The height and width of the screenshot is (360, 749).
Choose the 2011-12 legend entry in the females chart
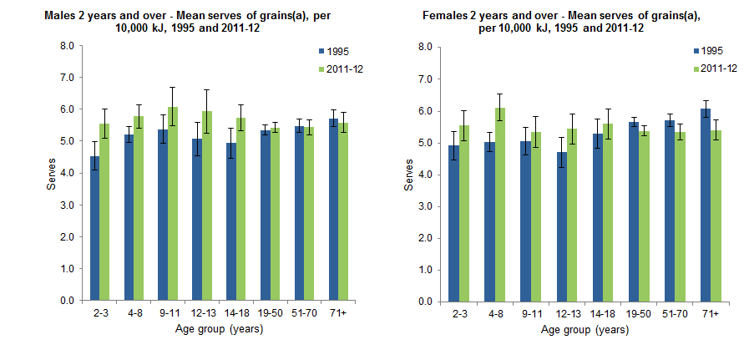click(711, 68)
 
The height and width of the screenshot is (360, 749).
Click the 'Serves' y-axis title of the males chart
click(51, 174)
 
